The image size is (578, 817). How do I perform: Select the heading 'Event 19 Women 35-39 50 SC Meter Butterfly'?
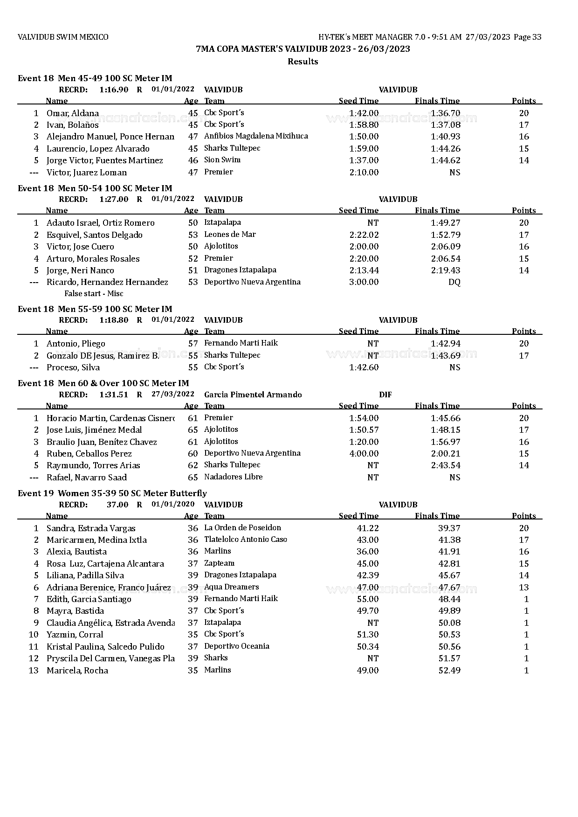[112, 493]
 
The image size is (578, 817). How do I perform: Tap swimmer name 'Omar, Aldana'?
[73, 113]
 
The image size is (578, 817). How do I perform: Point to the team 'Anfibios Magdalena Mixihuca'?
[256, 136]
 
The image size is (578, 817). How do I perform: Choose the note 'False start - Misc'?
[94, 293]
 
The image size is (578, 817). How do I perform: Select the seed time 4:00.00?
[364, 453]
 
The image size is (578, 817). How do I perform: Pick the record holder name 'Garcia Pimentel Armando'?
[253, 395]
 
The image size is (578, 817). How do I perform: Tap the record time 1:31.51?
[113, 395]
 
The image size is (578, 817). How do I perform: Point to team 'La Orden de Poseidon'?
[242, 528]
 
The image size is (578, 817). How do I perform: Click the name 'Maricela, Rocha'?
[77, 671]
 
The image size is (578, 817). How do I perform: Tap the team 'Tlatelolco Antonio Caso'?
[246, 540]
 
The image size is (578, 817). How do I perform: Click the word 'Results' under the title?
[303, 62]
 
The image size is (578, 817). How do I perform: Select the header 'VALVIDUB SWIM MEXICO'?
[63, 37]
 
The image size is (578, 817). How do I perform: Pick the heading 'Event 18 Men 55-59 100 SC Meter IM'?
[95, 309]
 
